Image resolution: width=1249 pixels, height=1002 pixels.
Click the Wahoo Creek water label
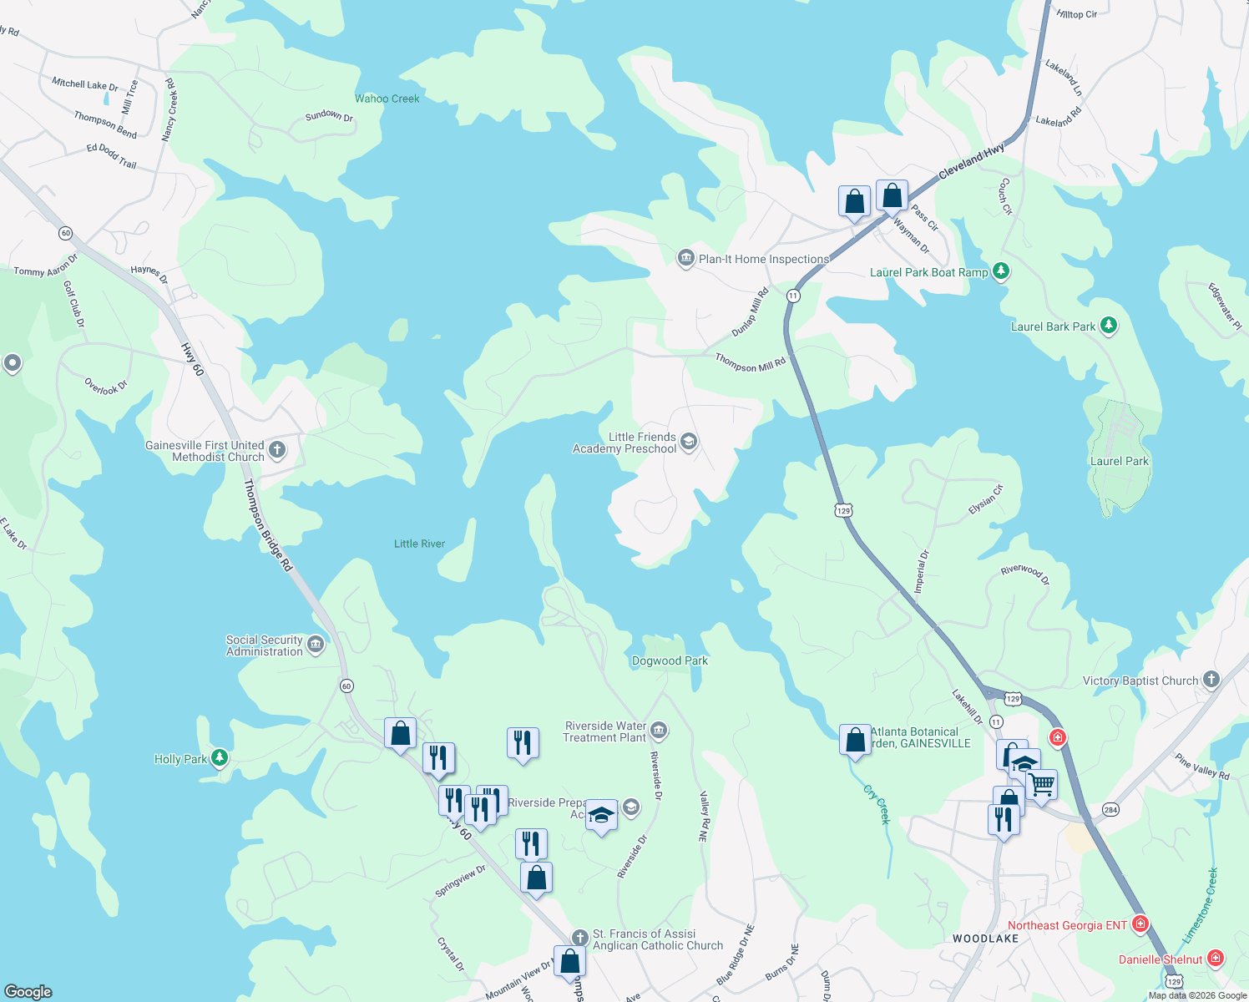(387, 99)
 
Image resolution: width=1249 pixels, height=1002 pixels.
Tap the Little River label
(419, 544)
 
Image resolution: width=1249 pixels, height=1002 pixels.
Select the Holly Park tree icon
(220, 758)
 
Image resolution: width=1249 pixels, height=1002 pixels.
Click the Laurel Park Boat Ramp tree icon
(1001, 271)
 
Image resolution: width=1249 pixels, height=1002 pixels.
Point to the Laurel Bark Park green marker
(1108, 326)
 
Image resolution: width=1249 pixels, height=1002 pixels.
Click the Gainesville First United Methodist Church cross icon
(277, 451)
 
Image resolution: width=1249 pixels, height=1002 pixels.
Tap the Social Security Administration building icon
(316, 645)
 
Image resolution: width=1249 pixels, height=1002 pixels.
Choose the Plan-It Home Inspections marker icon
(686, 258)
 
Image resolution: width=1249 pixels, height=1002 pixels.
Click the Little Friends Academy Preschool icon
(689, 441)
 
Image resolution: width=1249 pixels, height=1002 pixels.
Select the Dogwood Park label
(670, 660)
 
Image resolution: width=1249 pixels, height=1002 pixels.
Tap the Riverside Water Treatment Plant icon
(659, 731)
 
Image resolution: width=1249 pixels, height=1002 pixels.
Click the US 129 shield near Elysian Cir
(843, 510)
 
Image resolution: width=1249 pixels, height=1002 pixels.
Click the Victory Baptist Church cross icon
(1211, 680)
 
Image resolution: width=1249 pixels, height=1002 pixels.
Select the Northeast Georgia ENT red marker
(1140, 924)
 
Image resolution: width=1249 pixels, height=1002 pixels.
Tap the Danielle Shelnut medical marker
(1216, 959)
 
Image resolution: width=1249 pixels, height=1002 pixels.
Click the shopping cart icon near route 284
(1041, 784)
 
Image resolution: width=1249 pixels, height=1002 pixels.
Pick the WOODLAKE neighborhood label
(985, 939)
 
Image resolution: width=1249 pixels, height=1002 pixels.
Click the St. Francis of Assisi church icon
(580, 939)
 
